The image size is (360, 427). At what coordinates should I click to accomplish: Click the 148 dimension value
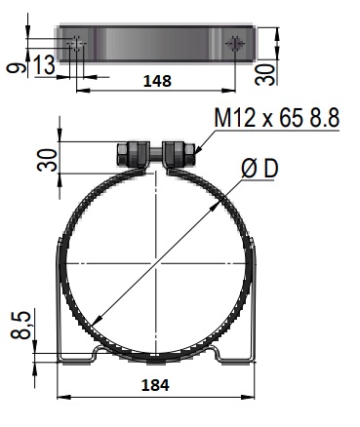(157, 81)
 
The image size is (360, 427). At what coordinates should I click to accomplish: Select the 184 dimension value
(155, 385)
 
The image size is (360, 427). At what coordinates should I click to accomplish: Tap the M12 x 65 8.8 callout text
(277, 117)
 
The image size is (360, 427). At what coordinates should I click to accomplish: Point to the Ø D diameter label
(260, 169)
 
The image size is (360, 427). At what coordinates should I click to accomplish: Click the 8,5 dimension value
(20, 325)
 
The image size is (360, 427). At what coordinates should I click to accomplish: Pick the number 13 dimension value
(45, 64)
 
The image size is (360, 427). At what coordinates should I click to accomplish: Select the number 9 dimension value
(16, 68)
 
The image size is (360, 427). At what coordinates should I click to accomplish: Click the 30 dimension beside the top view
(264, 75)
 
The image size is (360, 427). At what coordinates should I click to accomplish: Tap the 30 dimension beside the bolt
(47, 160)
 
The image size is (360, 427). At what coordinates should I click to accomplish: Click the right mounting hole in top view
(235, 44)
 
